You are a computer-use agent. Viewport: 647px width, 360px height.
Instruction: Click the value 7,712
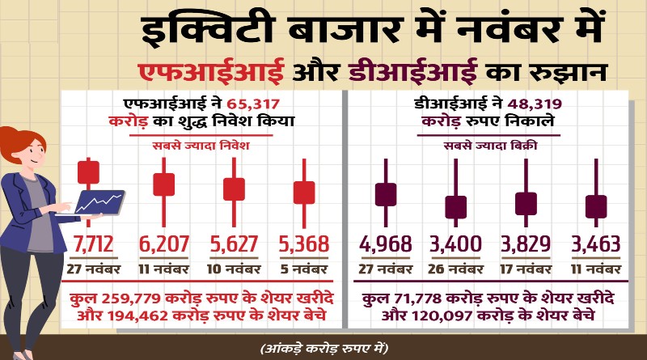point(94,245)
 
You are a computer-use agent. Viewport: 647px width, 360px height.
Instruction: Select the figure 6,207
point(164,245)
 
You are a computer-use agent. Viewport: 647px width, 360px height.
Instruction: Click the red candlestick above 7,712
point(88,172)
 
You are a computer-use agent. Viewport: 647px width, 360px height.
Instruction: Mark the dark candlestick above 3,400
point(456,206)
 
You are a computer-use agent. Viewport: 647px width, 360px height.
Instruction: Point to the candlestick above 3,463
point(596,206)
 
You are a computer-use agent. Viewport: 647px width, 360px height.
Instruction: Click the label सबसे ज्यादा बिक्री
point(489,146)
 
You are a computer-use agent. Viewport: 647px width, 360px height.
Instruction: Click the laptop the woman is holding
point(99,201)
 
